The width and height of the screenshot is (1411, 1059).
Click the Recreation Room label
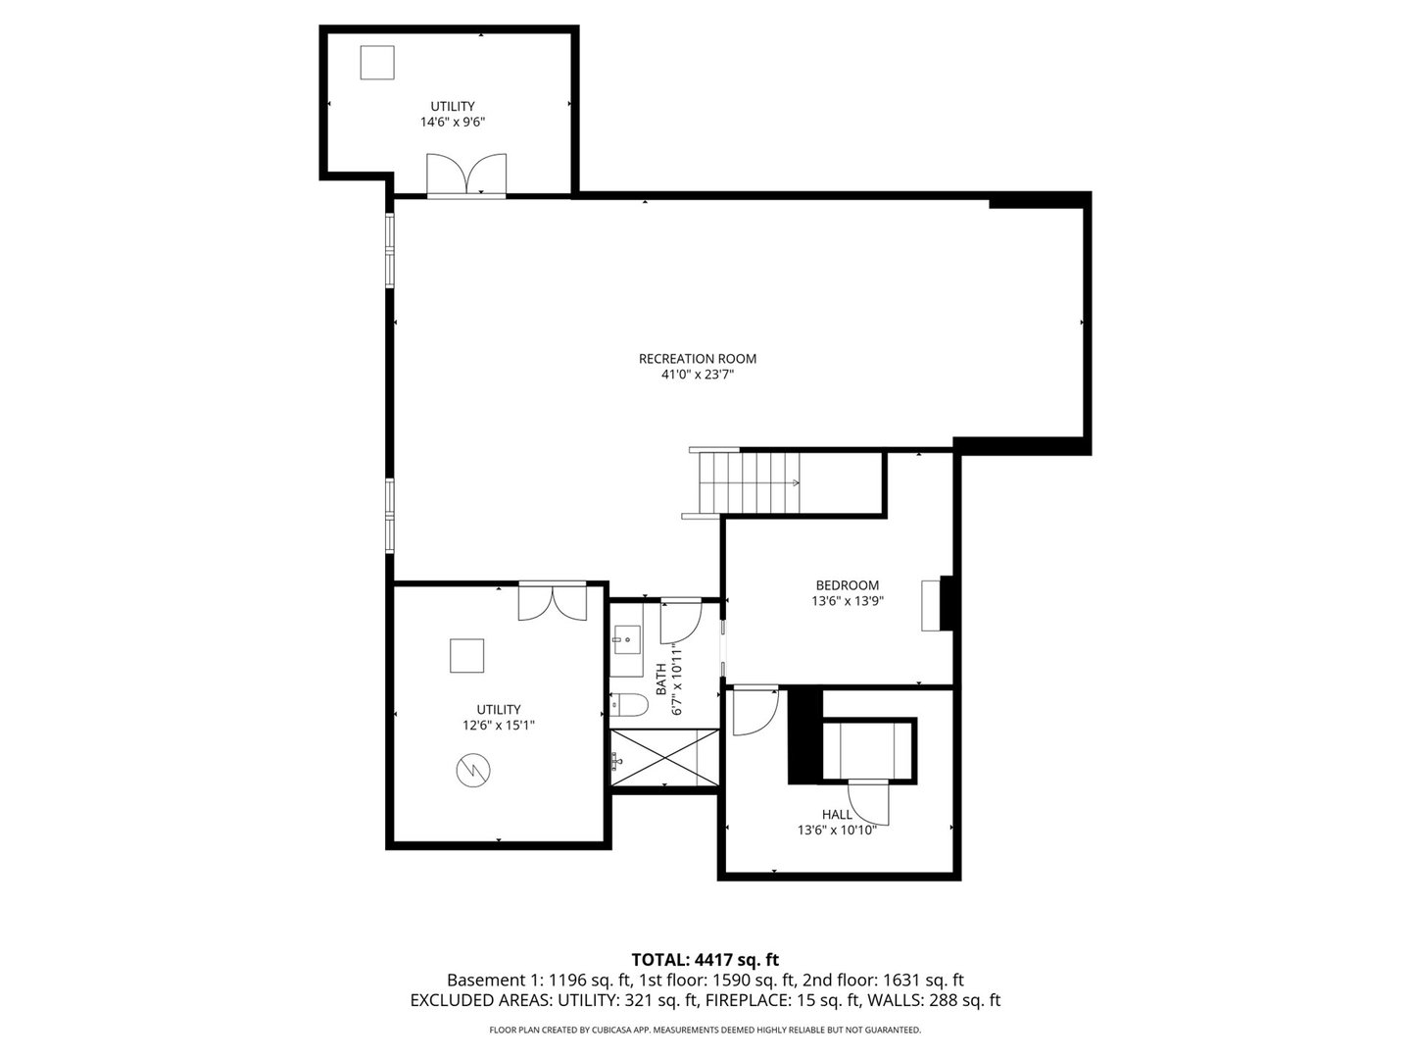[698, 359]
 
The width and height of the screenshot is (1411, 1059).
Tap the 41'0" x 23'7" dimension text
[698, 375]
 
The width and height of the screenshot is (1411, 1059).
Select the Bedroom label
[848, 585]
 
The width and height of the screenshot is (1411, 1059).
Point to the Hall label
[837, 815]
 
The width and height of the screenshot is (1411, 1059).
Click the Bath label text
[660, 680]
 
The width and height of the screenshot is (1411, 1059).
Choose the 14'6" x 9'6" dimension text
[453, 123]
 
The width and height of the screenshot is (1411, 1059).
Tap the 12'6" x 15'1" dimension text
[499, 726]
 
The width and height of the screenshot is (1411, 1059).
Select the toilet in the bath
[629, 705]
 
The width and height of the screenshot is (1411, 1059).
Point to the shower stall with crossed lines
[664, 757]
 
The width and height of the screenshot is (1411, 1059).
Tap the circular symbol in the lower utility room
[473, 770]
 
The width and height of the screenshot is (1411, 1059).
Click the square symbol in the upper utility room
[376, 63]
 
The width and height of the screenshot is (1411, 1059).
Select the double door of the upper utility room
[466, 175]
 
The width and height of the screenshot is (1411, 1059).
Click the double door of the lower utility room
[553, 601]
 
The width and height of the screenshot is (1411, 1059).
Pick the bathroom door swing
[681, 620]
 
